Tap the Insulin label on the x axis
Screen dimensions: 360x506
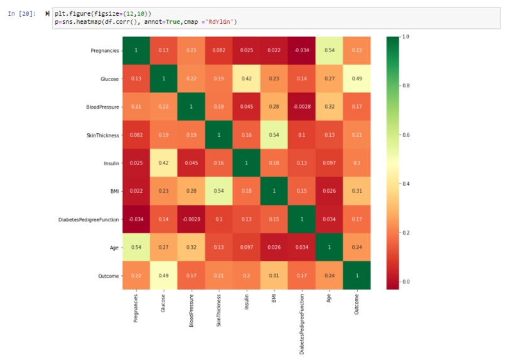[247, 308]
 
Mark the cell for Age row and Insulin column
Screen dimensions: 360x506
[247, 248]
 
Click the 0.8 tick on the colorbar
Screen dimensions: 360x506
[404, 85]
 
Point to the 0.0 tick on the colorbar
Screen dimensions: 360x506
[404, 281]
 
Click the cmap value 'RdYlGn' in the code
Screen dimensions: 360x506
[223, 22]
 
